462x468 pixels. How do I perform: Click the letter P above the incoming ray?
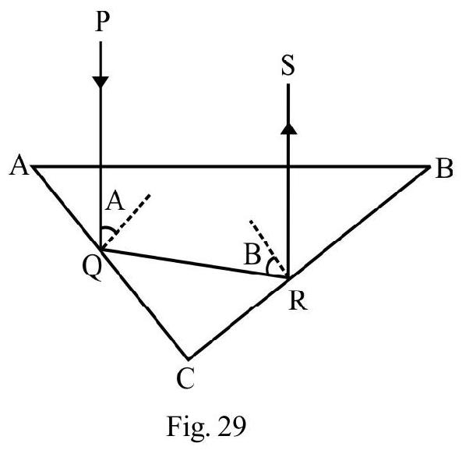coord(102,22)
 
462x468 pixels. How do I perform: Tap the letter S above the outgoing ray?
coord(288,65)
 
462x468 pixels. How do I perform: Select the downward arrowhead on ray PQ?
coord(101,82)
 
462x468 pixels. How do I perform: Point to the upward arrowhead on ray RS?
coord(288,129)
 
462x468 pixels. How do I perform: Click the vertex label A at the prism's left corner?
coord(19,165)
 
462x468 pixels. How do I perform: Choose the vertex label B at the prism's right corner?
coord(444,168)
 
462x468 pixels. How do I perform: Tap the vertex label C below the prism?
coord(185,378)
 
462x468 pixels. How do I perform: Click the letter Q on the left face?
coord(92,268)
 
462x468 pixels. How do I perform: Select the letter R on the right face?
coord(298,301)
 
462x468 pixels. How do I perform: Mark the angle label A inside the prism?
coord(115,201)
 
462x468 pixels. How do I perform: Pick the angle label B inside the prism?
coord(252,255)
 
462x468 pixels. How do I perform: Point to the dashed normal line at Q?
coord(126,222)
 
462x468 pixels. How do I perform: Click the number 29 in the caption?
coord(232,426)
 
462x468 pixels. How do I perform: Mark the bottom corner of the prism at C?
coord(188,358)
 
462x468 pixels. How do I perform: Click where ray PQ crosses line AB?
coord(101,166)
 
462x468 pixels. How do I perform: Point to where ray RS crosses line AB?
coord(288,166)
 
